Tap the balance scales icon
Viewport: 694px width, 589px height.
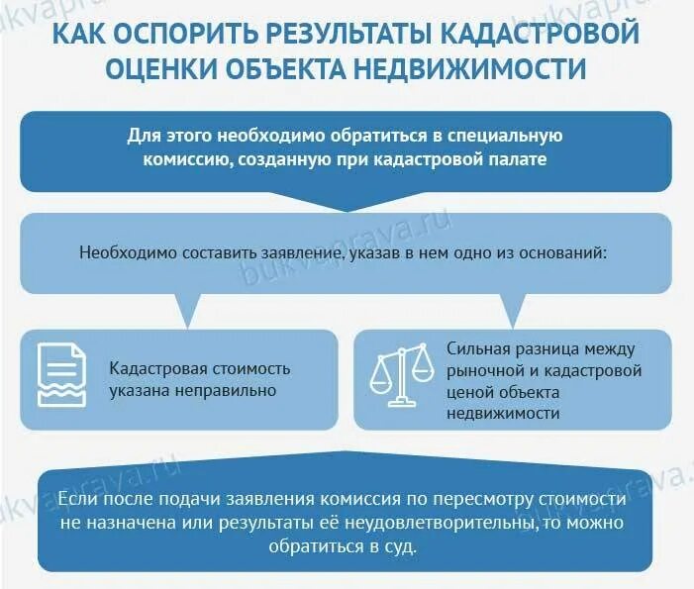(x=402, y=374)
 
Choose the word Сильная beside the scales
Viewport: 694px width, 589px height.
(x=479, y=348)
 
